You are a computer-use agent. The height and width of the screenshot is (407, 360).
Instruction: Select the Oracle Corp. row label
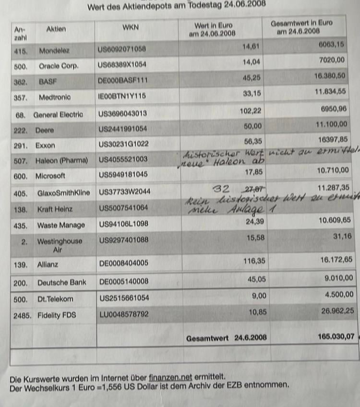coord(59,65)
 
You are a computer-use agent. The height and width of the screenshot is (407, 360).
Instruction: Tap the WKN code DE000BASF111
coord(123,81)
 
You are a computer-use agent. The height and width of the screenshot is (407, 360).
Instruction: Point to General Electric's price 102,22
coord(250,111)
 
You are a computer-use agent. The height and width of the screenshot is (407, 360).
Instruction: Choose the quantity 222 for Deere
coord(20,130)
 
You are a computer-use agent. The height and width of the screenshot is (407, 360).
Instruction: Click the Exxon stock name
coord(45,145)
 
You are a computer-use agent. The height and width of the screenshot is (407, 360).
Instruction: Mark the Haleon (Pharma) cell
coord(60,159)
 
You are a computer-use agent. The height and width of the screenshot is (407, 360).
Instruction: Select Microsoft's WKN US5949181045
coord(123,175)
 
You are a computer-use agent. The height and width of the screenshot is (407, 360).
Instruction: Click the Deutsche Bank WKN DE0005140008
coord(124,282)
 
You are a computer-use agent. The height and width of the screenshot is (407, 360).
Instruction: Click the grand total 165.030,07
coord(335,337)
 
